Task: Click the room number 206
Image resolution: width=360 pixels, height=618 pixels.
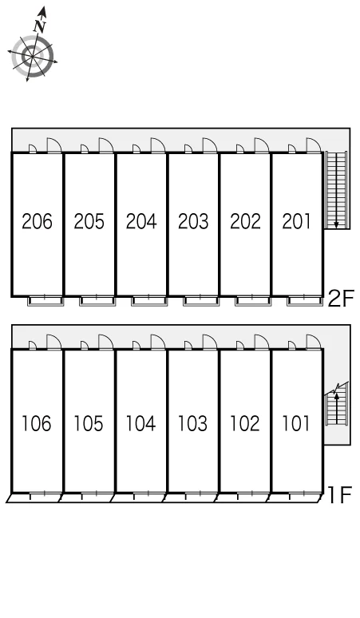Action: [x=37, y=221]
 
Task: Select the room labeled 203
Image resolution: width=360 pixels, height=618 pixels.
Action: [x=193, y=221]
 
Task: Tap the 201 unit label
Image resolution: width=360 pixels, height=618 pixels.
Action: [x=296, y=221]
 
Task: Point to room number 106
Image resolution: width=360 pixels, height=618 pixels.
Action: [x=36, y=423]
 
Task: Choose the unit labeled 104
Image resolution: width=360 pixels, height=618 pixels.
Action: [x=140, y=423]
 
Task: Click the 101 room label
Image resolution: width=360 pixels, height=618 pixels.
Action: [x=296, y=423]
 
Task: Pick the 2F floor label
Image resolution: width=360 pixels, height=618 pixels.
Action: [x=341, y=298]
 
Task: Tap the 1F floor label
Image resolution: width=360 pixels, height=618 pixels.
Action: [x=339, y=495]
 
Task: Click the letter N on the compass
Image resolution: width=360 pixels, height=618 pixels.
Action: [x=40, y=27]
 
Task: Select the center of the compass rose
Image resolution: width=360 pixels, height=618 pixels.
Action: [x=32, y=57]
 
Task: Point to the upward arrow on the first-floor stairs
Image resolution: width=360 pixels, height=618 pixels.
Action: [x=336, y=408]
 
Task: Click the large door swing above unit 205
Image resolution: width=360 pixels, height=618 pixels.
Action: [x=106, y=145]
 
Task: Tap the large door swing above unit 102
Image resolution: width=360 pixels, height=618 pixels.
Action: [x=262, y=341]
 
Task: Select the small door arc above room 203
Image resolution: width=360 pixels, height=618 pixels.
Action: [x=188, y=149]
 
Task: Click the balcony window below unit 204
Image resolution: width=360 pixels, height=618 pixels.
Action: [x=149, y=301]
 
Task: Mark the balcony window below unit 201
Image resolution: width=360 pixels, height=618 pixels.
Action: [x=305, y=301]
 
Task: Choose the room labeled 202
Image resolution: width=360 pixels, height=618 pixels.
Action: [x=245, y=221]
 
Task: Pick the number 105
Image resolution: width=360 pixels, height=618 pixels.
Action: [x=89, y=423]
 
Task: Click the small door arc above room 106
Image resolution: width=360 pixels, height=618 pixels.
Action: [x=33, y=345]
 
